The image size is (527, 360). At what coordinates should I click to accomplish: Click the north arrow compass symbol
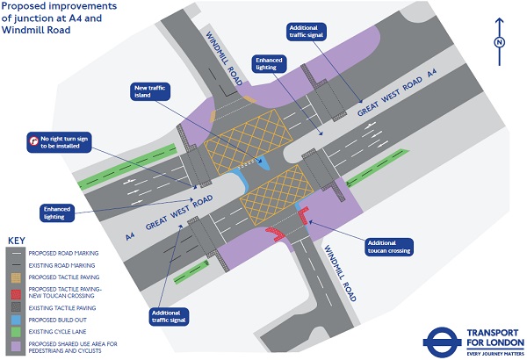499,43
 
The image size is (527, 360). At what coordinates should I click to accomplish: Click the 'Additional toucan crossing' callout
388,245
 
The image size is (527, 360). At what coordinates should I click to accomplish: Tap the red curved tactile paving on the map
275,233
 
